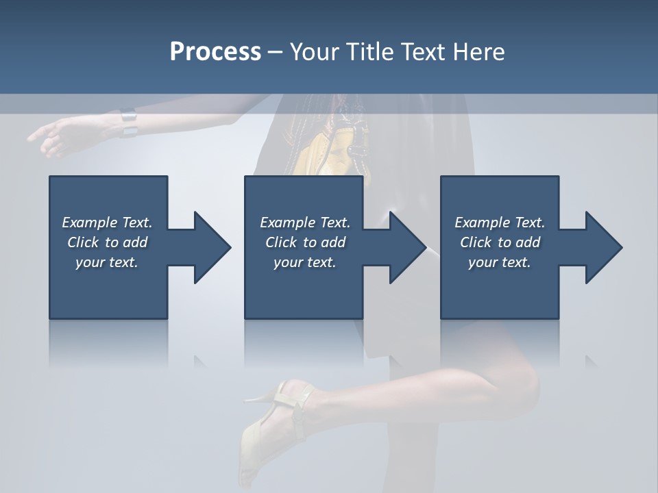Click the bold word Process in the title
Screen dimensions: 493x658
point(215,52)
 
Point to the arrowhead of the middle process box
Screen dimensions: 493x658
point(407,247)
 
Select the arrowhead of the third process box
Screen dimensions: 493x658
point(603,247)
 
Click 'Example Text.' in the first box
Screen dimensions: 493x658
point(107,223)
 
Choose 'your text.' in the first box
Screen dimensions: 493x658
point(107,262)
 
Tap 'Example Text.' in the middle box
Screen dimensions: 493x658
point(305,223)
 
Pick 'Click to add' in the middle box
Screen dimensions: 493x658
point(305,242)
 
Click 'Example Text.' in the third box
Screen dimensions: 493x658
point(500,223)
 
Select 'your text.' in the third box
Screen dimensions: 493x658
point(500,262)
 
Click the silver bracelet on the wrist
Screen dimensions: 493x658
point(129,123)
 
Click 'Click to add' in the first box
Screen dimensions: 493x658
point(107,242)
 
